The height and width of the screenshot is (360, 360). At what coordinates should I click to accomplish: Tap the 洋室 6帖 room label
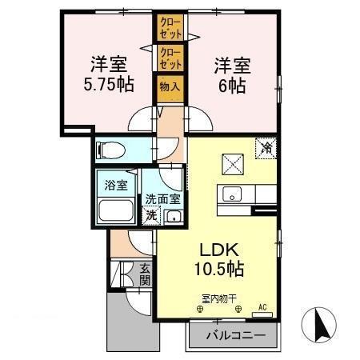[x=229, y=73]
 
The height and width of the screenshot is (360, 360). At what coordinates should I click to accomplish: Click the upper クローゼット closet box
[x=170, y=28]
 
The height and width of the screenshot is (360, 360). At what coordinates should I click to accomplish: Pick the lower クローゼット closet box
[x=170, y=58]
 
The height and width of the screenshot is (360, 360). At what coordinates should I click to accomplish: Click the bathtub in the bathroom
[x=117, y=212]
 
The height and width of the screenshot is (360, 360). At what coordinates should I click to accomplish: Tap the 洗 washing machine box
[x=150, y=214]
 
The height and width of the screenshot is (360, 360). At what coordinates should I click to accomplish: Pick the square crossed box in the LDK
[x=234, y=164]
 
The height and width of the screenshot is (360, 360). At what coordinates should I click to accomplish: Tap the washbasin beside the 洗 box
[x=172, y=215]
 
